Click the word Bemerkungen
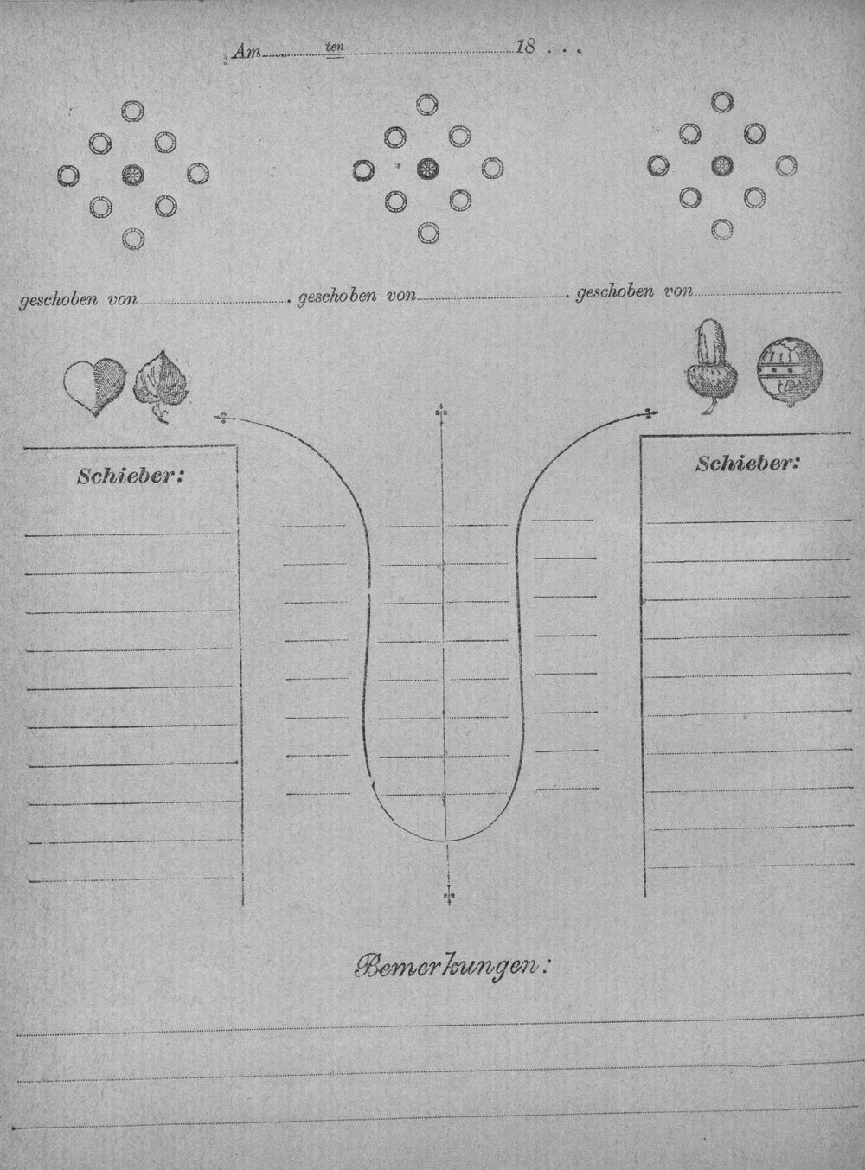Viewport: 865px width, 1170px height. (x=452, y=968)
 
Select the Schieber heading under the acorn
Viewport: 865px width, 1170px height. (x=746, y=464)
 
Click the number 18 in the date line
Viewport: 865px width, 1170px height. (x=525, y=48)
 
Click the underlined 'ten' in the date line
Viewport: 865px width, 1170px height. (x=335, y=48)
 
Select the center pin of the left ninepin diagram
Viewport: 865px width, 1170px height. (x=132, y=175)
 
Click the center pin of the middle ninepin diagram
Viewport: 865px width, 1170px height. (x=427, y=169)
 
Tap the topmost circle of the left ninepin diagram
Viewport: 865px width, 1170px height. (x=132, y=110)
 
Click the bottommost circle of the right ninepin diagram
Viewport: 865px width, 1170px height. (x=721, y=228)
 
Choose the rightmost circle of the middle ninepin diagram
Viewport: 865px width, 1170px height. (x=492, y=169)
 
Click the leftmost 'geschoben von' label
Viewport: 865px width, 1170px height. (x=79, y=299)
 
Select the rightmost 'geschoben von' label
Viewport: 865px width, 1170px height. (x=634, y=291)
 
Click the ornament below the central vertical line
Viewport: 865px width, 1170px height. (x=449, y=895)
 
